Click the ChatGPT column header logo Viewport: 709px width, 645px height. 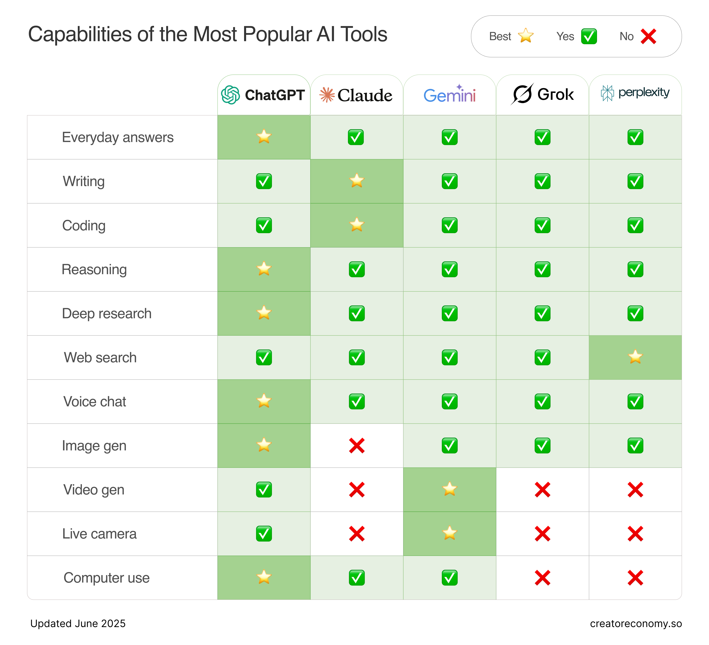tap(230, 95)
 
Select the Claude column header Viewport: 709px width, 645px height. tap(356, 95)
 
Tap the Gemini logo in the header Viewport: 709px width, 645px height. tap(449, 95)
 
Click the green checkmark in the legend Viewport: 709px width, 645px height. tap(589, 36)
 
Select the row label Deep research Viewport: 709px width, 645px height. tap(107, 313)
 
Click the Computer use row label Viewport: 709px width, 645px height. tap(107, 578)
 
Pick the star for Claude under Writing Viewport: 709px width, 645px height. tap(357, 181)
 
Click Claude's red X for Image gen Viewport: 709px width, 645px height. tap(357, 446)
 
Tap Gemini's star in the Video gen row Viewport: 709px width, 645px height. tap(449, 489)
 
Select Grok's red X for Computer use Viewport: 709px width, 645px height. tap(542, 578)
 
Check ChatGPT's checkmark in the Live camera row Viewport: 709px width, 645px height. tap(264, 534)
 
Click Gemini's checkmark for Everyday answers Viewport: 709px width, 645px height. tap(449, 137)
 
